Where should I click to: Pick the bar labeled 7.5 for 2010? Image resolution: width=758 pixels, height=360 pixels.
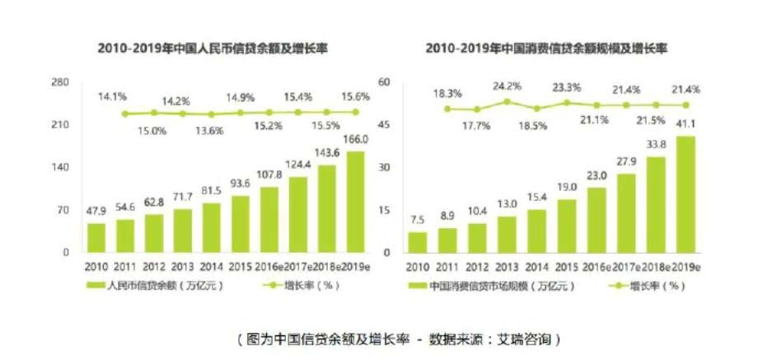click(x=418, y=242)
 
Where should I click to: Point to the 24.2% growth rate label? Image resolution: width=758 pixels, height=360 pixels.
click(x=508, y=86)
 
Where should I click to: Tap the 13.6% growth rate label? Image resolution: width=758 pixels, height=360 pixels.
click(x=213, y=130)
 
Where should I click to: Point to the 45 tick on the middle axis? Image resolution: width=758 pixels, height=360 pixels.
click(x=382, y=125)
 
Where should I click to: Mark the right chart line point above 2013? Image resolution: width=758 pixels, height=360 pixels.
click(x=508, y=102)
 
